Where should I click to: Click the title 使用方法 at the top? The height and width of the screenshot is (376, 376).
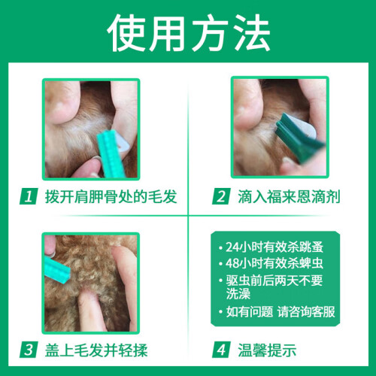pos(189,32)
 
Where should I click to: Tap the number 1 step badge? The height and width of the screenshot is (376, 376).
pos(29,196)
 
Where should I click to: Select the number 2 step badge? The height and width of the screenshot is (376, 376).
pos(221,196)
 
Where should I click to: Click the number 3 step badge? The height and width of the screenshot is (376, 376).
pos(29,350)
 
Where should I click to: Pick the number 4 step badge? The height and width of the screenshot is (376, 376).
pos(221,350)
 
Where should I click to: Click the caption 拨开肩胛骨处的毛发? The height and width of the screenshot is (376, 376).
pos(111,196)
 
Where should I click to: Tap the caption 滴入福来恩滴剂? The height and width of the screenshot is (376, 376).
pos(289,196)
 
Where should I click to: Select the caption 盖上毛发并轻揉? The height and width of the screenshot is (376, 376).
pos(96,350)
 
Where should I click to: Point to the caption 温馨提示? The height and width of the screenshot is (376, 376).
pos(267,350)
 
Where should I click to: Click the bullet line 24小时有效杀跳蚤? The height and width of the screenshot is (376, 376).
pos(274,247)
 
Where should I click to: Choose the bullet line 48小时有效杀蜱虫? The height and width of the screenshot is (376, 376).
pos(274,263)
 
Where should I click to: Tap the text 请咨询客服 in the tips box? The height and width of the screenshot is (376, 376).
pos(306,312)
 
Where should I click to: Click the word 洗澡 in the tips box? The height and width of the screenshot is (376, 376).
pos(238,293)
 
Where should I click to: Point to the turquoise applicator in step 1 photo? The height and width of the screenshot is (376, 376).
pos(111,153)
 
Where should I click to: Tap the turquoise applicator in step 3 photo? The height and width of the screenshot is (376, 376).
pos(56,270)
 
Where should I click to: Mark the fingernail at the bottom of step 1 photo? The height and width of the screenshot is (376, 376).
pos(96,159)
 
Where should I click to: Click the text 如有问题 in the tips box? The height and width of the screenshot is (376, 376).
pos(250,312)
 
